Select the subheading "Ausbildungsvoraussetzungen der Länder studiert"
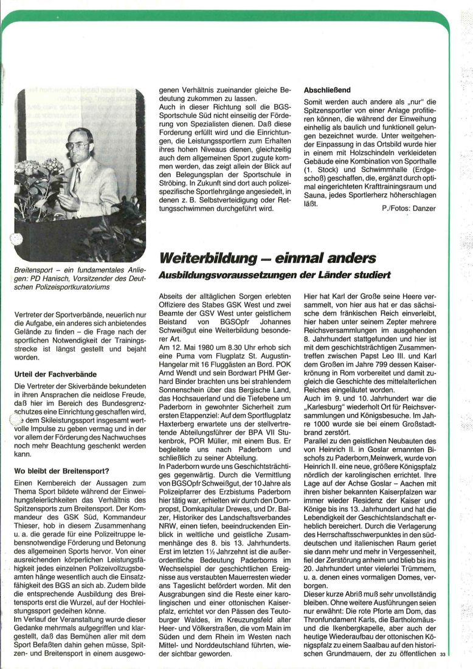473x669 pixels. (x=274, y=276)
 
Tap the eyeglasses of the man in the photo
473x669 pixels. (x=78, y=146)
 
